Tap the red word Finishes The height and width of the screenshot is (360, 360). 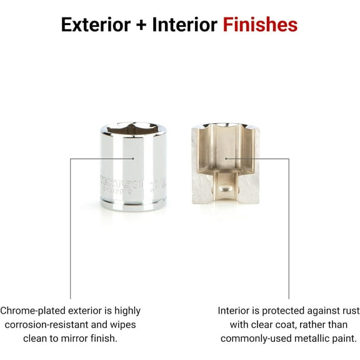259,25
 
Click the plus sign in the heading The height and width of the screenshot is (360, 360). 144,26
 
